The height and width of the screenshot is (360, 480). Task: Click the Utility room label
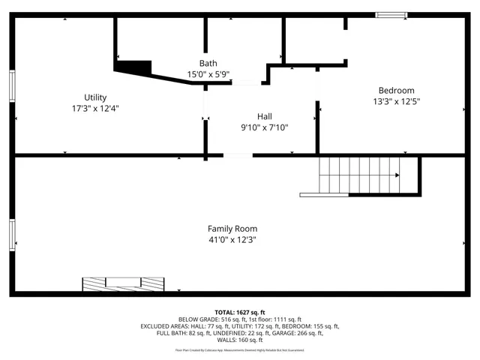pos(95,97)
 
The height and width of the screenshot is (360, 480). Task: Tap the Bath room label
pos(208,63)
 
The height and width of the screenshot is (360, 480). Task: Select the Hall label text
pos(264,116)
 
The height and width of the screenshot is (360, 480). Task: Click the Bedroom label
pos(396,90)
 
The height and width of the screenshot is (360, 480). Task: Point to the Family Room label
pos(232,229)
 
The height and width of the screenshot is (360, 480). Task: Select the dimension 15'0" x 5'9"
pos(208,74)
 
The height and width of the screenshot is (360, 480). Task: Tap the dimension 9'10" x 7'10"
pos(264,127)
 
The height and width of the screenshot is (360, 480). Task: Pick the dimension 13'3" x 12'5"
pos(396,101)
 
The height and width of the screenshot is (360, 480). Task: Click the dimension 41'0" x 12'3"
pos(232,240)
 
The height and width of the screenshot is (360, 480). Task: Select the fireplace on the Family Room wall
pos(123,283)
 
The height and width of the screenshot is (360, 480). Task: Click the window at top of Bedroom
pos(391,14)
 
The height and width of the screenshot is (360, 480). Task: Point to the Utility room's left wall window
pos(12,85)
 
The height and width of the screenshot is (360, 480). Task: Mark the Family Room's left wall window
pos(12,235)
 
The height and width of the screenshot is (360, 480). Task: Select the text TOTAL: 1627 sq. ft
pos(240,312)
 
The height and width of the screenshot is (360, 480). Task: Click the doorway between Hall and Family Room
pos(238,155)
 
